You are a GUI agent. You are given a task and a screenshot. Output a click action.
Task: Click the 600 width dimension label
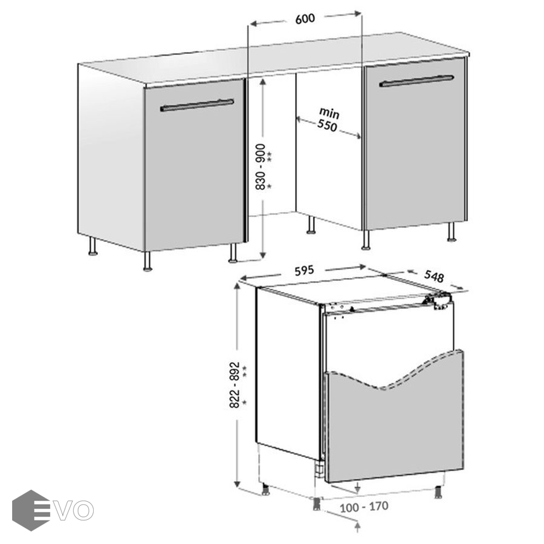coord(305,19)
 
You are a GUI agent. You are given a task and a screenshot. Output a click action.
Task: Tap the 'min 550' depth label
coord(328,119)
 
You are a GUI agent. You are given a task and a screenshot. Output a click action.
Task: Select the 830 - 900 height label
coord(261,167)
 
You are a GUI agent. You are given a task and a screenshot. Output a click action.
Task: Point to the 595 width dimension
coord(304,271)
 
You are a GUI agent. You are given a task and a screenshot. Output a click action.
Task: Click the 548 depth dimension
coord(433,276)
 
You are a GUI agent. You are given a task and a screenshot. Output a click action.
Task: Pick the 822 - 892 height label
coord(235,384)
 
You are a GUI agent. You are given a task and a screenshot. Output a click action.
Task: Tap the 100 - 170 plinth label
coord(364,507)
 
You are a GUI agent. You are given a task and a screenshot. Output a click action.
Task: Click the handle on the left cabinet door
coord(197,105)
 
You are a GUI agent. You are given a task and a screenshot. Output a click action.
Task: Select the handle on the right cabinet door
coord(416,81)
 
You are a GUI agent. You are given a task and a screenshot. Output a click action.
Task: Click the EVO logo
coord(53,510)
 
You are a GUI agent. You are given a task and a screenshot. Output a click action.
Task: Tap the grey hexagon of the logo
coord(31,510)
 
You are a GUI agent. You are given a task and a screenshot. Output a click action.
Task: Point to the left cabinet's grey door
coord(194,164)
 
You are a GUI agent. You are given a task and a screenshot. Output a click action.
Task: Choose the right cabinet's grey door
coord(415,144)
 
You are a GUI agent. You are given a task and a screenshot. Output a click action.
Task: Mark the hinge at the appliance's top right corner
coord(439,300)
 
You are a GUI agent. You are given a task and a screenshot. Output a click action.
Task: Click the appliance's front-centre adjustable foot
coord(317,504)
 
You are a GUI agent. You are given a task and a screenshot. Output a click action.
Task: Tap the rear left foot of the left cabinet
coord(92,246)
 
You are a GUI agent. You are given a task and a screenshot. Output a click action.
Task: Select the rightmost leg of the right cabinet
coord(452,232)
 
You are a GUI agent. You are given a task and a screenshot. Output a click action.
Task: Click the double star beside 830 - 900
coord(269,157)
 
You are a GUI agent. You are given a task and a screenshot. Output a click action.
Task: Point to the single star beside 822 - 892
coord(244,403)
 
